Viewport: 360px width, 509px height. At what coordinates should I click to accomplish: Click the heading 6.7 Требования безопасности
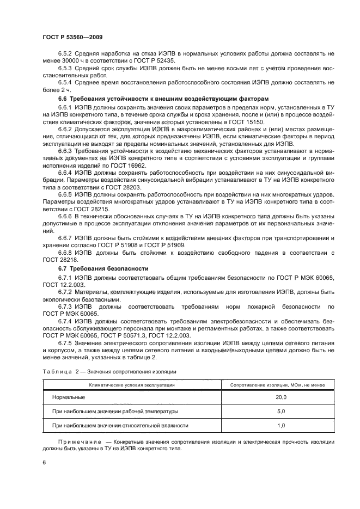[94, 269]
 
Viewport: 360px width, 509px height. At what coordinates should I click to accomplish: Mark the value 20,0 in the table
[281, 398]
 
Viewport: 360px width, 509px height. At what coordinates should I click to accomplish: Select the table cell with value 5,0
[281, 412]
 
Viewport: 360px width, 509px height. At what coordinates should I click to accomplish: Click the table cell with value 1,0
[281, 425]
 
